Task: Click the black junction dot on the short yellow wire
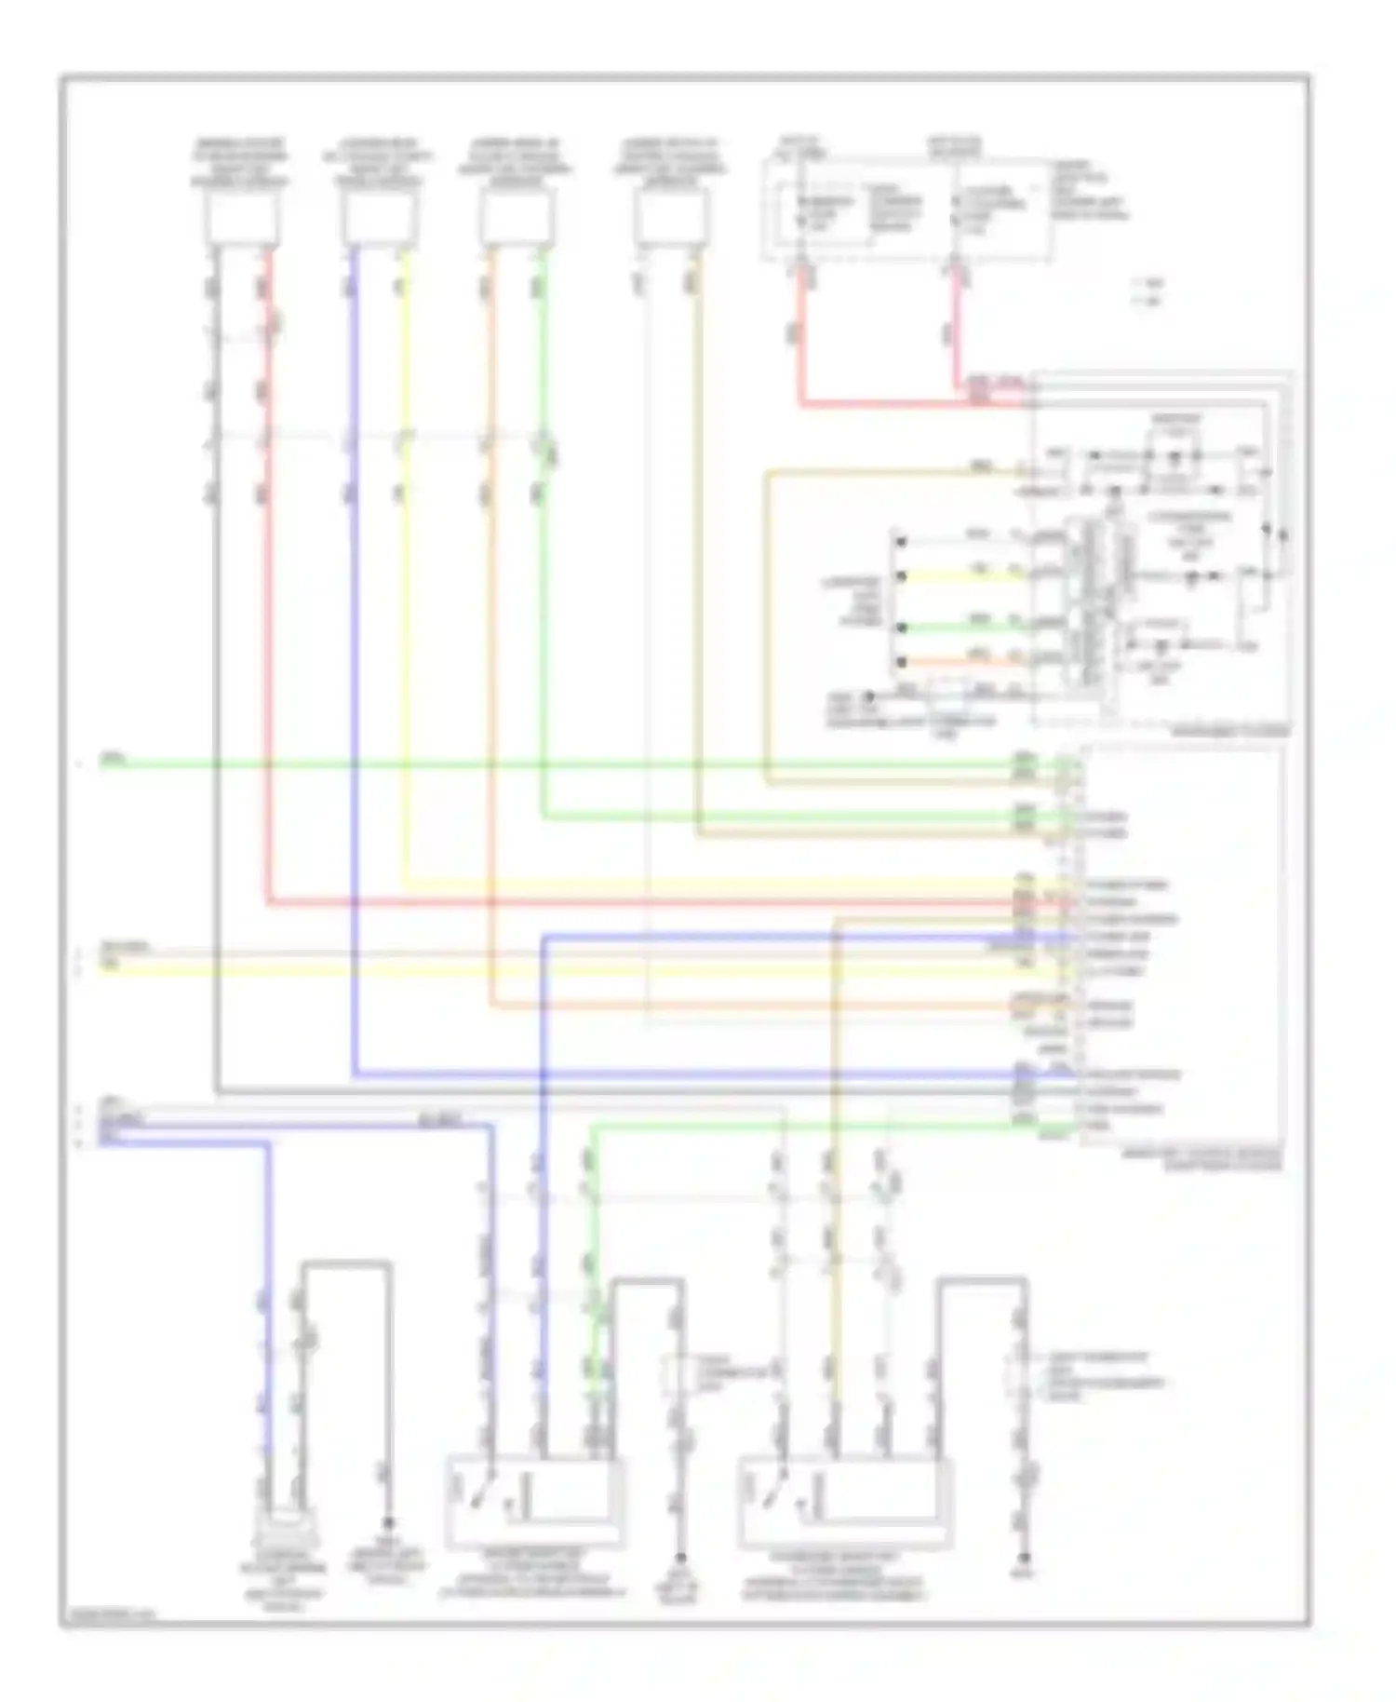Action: click(x=901, y=577)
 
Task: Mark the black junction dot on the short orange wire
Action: click(x=901, y=663)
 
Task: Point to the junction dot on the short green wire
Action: click(x=901, y=628)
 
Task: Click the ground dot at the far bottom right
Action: click(x=1025, y=1558)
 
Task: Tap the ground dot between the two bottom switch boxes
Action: click(x=680, y=1558)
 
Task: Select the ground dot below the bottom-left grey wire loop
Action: click(x=389, y=1523)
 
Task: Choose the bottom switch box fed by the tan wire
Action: click(x=845, y=1501)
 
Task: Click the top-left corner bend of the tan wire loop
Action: click(x=768, y=474)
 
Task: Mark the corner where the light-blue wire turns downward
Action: click(x=268, y=1142)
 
